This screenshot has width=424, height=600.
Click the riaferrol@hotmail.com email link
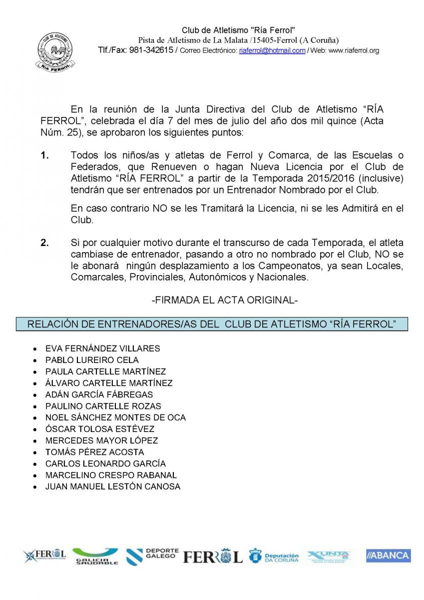(272, 50)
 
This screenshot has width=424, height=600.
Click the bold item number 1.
(45, 155)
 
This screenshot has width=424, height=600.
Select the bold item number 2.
(45, 243)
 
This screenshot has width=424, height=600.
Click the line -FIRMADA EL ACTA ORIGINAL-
(224, 300)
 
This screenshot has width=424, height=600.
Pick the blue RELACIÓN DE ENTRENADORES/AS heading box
(212, 324)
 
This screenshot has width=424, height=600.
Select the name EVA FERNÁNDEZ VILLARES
(102, 348)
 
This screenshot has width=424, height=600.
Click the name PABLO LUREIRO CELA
(92, 360)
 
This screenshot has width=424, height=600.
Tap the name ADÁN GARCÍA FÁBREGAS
(99, 394)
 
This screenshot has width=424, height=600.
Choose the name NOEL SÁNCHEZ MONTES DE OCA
(115, 417)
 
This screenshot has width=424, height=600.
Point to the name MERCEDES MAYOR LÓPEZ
(101, 440)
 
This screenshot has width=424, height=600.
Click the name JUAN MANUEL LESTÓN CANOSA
(113, 486)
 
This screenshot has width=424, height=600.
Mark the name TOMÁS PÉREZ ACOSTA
(94, 452)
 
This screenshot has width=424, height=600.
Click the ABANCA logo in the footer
(388, 555)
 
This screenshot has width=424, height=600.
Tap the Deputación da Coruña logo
(274, 556)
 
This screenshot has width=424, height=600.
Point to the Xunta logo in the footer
(329, 556)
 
